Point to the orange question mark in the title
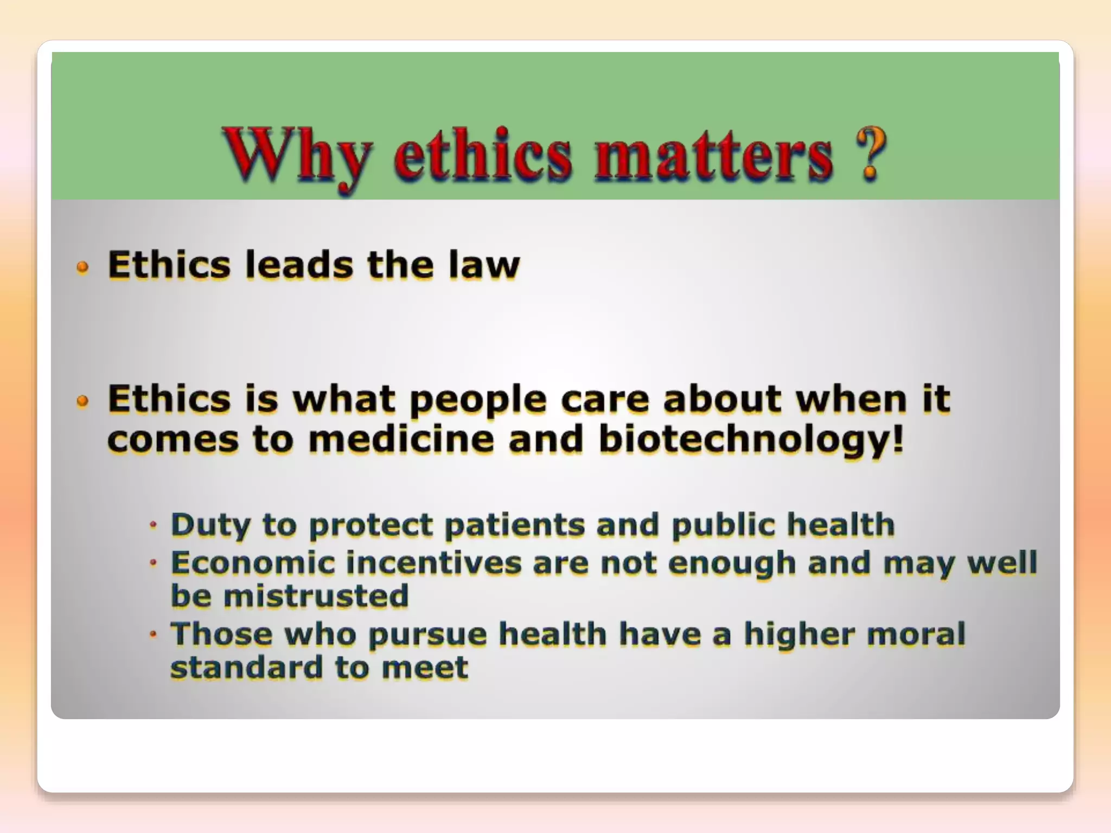tap(871, 154)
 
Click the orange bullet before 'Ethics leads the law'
tap(82, 267)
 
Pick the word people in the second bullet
tap(478, 400)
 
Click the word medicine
tap(401, 439)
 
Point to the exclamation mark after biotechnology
tap(898, 439)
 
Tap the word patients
tap(514, 525)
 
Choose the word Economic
tap(252, 562)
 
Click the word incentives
tap(434, 562)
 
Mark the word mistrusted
tap(316, 596)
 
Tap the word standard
tap(247, 667)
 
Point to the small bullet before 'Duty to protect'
tap(154, 525)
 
